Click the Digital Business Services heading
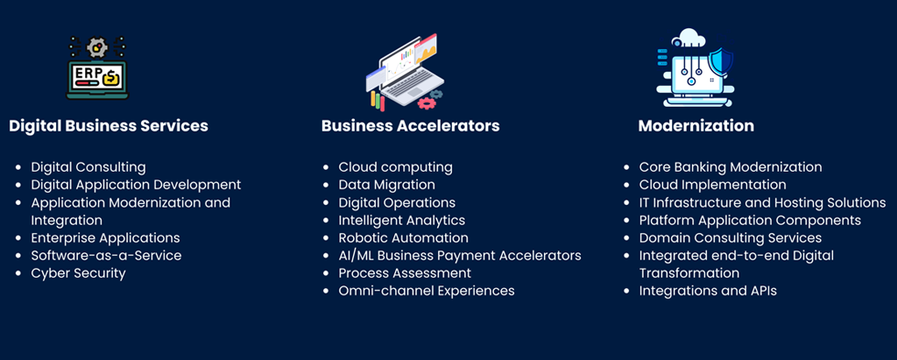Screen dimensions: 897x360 pos(109,126)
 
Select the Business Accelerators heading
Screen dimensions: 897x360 pos(410,126)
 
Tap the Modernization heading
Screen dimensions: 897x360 pos(696,126)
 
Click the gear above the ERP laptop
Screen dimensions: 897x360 pos(97,47)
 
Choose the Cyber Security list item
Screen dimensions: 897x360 pos(78,273)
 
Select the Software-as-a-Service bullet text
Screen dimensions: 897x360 pos(106,256)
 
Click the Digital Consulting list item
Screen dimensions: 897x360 pos(88,167)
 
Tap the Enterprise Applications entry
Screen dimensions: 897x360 pos(105,238)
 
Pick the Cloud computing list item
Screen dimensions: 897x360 pos(395,167)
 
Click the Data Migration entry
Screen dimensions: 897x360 pos(386,186)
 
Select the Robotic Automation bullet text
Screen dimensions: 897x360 pos(403,238)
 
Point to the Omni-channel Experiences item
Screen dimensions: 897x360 pos(427,291)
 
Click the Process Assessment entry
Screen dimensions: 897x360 pos(405,273)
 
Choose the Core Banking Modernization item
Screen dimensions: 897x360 pos(731,167)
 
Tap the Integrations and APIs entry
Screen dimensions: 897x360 pos(708,292)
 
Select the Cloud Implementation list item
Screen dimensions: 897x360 pos(712,186)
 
